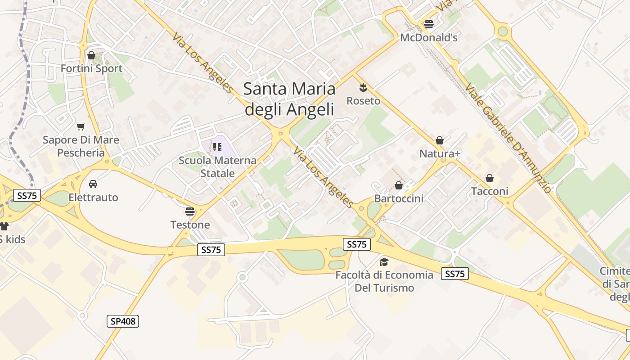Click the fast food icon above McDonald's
[429, 24]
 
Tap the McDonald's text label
[429, 38]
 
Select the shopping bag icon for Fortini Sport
[91, 55]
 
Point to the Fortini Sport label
[91, 68]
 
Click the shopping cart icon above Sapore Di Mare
[81, 126]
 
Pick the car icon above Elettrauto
[93, 184]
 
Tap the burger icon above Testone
[190, 211]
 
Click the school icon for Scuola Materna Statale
[217, 147]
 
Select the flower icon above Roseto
[363, 88]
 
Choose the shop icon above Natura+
[440, 140]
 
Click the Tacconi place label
[490, 191]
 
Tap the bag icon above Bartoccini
[399, 185]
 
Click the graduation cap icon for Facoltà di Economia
[384, 262]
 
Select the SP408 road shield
[123, 321]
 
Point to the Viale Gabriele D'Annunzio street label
[508, 138]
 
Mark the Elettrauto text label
[93, 198]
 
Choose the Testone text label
[190, 225]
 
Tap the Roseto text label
[363, 101]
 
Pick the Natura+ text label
[440, 154]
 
